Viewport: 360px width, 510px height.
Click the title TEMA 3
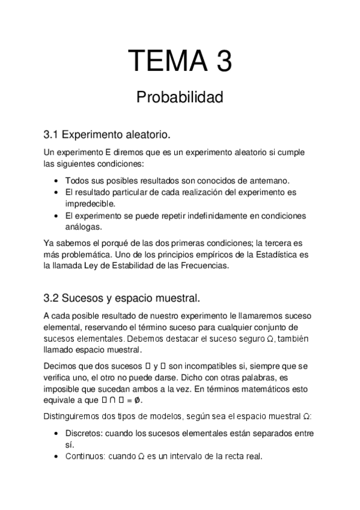(180, 62)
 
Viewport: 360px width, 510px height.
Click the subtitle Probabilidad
(180, 96)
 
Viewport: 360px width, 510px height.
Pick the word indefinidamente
(198, 215)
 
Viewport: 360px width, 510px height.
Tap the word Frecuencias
(203, 266)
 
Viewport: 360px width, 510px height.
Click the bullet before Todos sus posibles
(56, 180)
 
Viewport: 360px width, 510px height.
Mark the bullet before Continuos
(56, 456)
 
